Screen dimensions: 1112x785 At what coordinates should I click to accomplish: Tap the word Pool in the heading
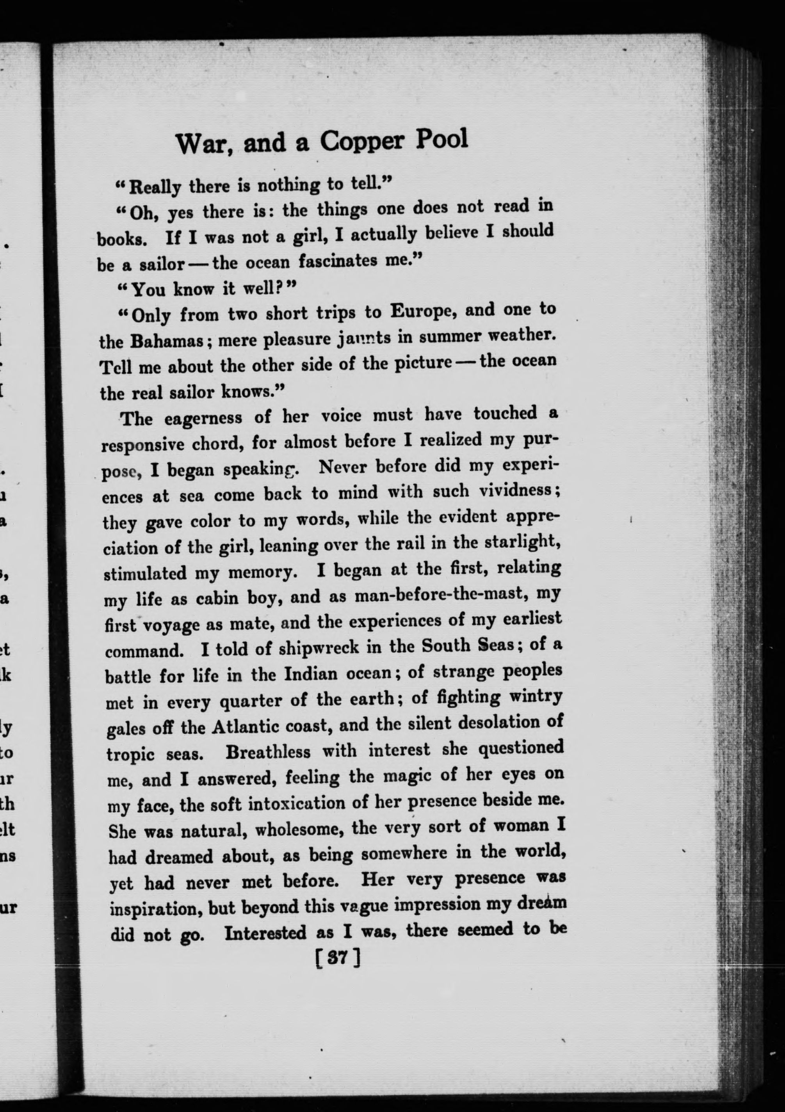pyautogui.click(x=442, y=139)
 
